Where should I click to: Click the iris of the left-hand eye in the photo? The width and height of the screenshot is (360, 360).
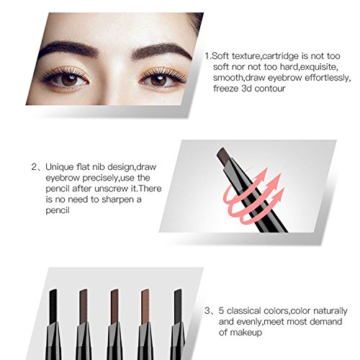[69, 80]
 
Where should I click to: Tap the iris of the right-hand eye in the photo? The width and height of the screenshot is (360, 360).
[158, 80]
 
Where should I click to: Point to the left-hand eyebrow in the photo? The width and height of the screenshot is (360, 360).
[68, 50]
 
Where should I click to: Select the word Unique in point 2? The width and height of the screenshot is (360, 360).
[60, 167]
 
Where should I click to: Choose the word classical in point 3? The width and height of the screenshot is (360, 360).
[244, 311]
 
